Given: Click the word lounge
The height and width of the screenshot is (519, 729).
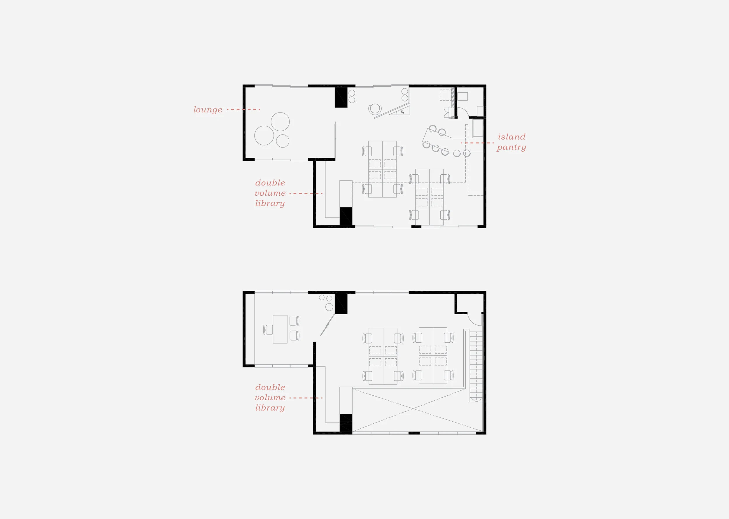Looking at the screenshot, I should coord(208,110).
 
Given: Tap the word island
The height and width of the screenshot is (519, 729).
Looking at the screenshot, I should coord(511,137).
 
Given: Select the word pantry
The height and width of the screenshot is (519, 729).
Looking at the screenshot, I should coord(511,147).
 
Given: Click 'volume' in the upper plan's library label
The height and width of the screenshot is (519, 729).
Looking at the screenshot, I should coord(270,193).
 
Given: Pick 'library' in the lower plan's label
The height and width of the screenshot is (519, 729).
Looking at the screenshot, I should coord(270,408).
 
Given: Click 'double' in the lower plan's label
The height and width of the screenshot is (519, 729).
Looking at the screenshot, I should coord(270,387).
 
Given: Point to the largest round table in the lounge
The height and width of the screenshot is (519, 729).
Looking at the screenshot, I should coord(264,136).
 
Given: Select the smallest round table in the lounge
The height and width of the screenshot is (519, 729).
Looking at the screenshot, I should coord(283,141).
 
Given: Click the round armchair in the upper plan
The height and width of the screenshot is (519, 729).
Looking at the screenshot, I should coord(375,109).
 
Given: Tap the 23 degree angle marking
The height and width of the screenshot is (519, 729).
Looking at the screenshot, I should coord(402,112).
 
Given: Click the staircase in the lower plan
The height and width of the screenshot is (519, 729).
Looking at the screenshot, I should coord(476,366).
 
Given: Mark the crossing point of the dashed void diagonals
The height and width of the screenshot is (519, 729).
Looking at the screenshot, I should coord(413,408).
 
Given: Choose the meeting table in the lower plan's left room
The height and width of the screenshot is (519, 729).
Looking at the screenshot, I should coord(280,329).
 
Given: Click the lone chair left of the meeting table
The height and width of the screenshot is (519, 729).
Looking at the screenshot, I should coord(268,329).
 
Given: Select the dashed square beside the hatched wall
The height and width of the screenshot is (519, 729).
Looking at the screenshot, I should coord(445,94).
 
